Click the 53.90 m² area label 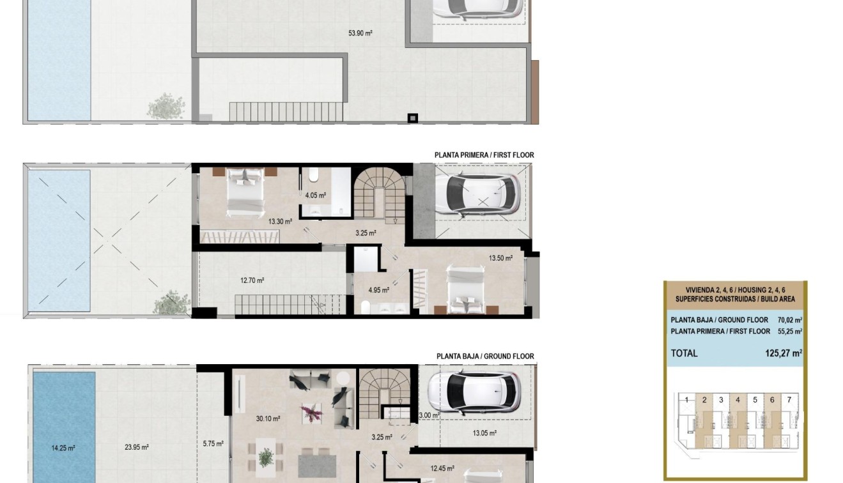360,33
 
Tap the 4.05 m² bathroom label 316,195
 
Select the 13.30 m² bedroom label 280,222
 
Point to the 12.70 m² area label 252,280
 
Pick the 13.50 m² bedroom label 500,259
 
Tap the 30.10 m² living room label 268,419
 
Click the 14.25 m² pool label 63,448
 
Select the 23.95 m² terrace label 137,447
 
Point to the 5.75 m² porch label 213,443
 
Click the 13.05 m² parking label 484,433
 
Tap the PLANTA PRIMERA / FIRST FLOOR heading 484,155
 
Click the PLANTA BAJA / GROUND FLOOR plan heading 485,356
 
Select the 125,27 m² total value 784,353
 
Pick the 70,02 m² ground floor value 789,320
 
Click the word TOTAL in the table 684,353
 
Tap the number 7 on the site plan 789,400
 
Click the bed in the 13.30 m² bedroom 246,190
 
